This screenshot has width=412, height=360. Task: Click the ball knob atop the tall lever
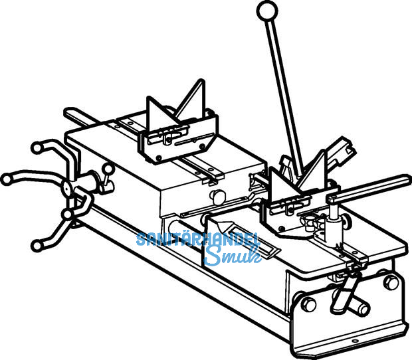(x=266, y=11)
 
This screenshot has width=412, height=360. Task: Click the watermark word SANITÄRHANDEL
(x=197, y=240)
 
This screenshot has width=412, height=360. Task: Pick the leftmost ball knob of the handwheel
(x=7, y=179)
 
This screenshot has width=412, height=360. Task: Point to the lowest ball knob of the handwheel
(x=37, y=247)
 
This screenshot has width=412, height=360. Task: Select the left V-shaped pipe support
(x=179, y=123)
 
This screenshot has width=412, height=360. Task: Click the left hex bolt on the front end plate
(x=308, y=306)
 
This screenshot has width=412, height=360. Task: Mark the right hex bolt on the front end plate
(x=391, y=282)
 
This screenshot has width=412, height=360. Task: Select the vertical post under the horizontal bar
(x=332, y=223)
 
